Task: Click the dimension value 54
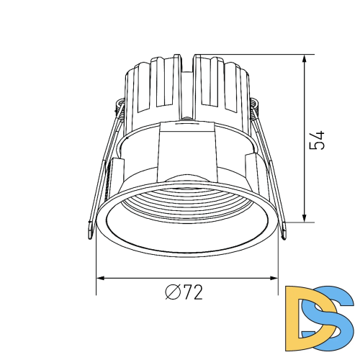coord(318,140)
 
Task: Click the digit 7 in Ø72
coord(186,292)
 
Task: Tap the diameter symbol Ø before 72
coord(172,292)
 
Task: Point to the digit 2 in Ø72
coord(197,292)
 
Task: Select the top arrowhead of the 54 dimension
coord(306,58)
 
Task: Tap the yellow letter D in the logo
coord(303,312)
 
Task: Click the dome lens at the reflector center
coord(185,181)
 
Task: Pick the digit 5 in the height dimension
coord(318,145)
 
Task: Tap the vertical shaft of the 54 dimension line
coord(306,173)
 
